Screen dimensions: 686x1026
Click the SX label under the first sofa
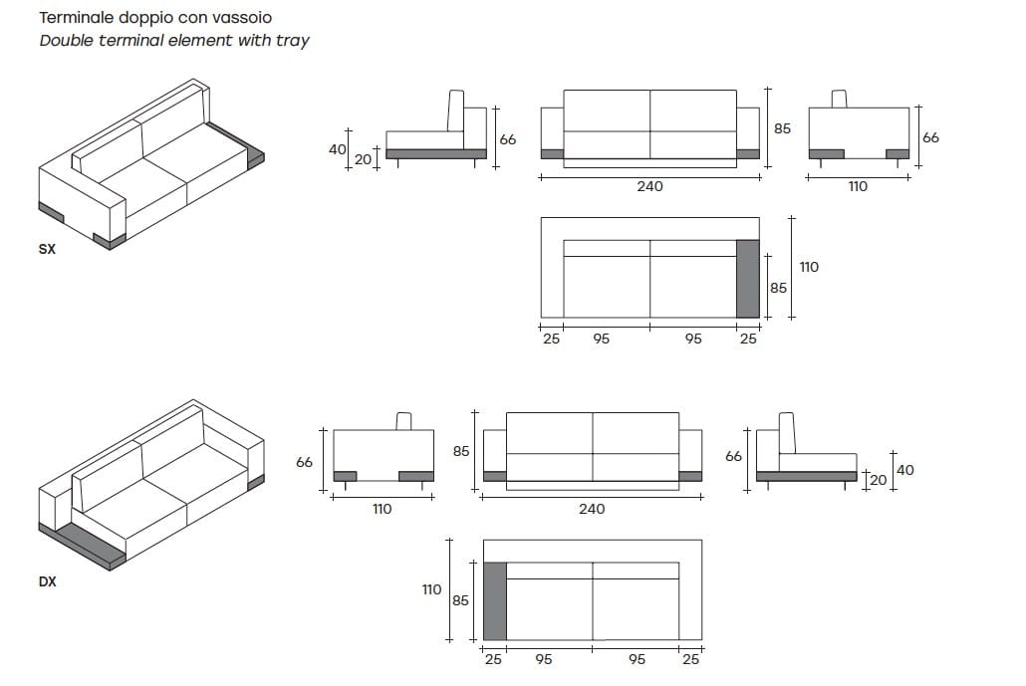(47, 250)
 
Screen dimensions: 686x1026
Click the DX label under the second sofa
(47, 581)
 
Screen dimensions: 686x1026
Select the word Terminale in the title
(77, 18)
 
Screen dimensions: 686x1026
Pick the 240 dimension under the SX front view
(649, 186)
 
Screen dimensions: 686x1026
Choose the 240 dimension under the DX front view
(592, 509)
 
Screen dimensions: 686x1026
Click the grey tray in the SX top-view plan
(747, 279)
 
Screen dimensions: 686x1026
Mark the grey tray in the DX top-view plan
(494, 600)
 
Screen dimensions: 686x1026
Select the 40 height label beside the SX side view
(337, 149)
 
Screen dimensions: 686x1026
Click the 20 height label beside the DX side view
(878, 480)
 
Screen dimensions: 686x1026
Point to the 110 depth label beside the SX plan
(809, 267)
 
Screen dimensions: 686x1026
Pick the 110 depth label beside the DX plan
(431, 589)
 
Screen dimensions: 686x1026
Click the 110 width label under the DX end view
(382, 509)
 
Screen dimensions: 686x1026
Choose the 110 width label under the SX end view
(858, 186)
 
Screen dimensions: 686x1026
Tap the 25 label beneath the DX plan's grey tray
(493, 659)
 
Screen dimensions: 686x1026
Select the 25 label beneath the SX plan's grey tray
(748, 339)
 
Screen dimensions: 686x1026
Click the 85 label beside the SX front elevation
(782, 128)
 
